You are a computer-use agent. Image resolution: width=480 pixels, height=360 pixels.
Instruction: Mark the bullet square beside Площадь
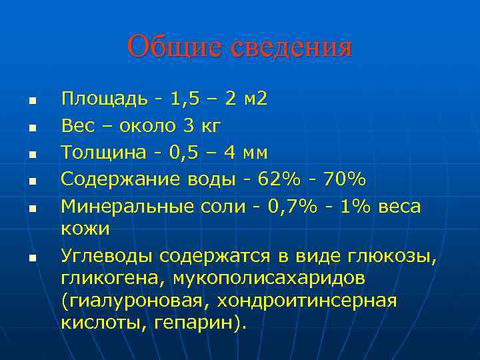pos(31,102)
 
